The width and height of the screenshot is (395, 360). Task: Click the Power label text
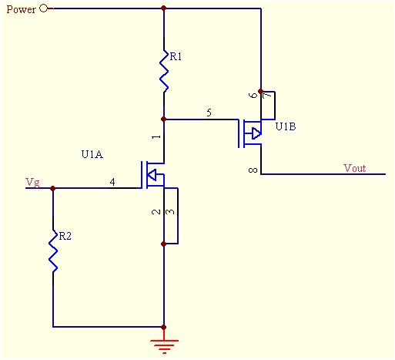click(21, 9)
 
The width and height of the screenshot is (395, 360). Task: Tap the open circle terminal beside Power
click(44, 8)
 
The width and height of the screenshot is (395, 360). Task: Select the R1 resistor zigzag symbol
click(164, 71)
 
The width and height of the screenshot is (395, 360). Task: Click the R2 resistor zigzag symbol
click(53, 251)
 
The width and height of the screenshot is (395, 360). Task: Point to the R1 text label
click(176, 56)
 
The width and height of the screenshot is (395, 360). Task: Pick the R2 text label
click(65, 236)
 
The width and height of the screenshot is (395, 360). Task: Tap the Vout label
click(355, 168)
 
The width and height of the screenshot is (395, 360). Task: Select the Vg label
click(32, 183)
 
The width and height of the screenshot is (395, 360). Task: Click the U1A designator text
click(92, 154)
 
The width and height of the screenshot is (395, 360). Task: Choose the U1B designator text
click(286, 126)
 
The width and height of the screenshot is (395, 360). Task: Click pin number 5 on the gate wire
click(209, 113)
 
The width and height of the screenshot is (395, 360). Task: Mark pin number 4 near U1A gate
click(112, 182)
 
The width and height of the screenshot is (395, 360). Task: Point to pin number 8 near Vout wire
click(253, 170)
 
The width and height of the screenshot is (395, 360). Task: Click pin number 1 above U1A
click(156, 136)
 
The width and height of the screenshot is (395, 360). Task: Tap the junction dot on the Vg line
click(53, 188)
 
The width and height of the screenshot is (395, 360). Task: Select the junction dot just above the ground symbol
click(164, 327)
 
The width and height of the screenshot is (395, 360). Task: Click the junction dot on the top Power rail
click(164, 8)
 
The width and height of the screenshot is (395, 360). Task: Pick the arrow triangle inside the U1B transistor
click(256, 133)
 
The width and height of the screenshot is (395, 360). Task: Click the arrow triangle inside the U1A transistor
click(152, 175)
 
